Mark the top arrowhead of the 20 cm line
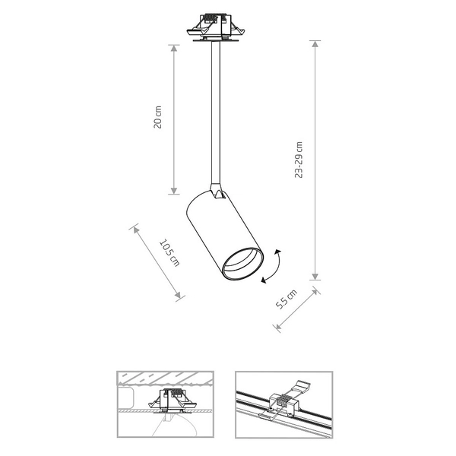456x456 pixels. [x=174, y=46]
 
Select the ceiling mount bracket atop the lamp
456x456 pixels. [x=216, y=28]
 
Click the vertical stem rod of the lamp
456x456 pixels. [x=217, y=114]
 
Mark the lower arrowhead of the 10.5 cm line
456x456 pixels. [x=181, y=296]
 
